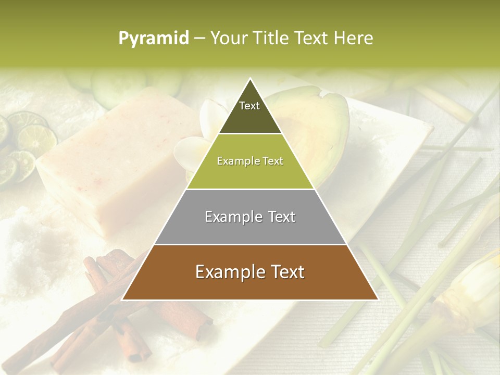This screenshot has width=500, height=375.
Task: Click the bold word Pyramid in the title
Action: (x=154, y=39)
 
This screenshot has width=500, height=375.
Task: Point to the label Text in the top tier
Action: (x=249, y=106)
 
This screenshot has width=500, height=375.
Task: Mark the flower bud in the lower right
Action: (x=464, y=292)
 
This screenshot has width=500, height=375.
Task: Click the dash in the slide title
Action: (x=199, y=39)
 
